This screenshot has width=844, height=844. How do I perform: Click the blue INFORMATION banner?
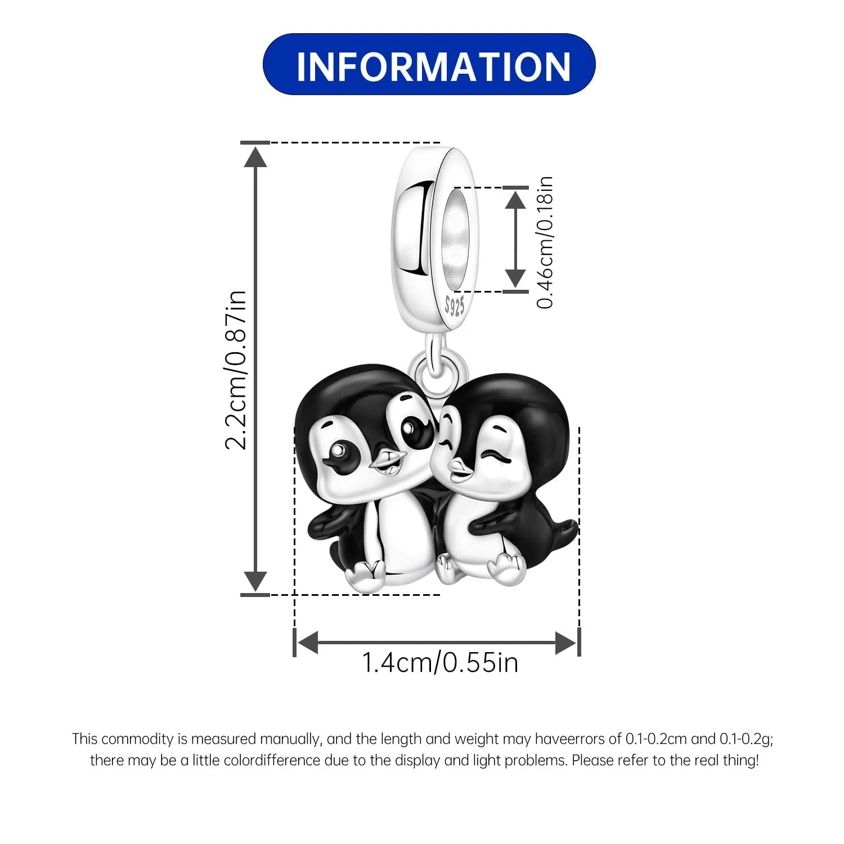tap(429, 64)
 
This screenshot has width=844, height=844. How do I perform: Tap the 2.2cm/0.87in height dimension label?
tap(236, 370)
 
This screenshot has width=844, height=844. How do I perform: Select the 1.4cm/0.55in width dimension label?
tap(439, 662)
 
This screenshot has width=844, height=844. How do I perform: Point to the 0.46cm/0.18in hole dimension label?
tap(545, 242)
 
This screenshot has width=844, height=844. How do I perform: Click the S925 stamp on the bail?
tap(455, 306)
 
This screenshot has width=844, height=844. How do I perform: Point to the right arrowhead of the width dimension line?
tap(566, 643)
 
